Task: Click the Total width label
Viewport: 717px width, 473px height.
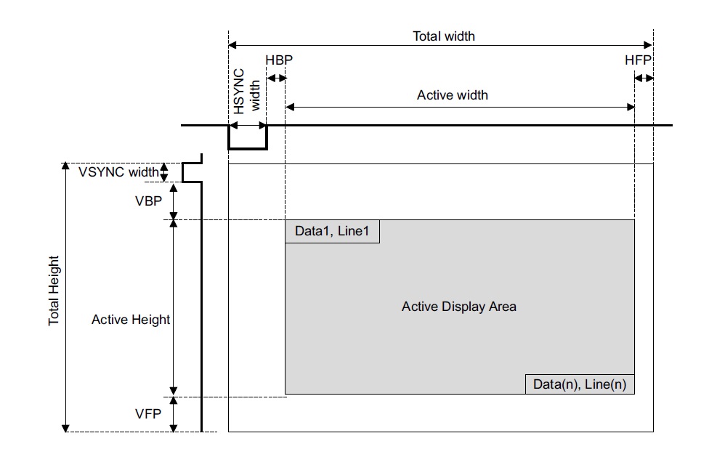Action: click(444, 36)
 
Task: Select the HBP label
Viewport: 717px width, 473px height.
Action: click(279, 60)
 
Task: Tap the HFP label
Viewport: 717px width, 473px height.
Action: click(639, 60)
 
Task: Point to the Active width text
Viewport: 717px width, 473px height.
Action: click(452, 95)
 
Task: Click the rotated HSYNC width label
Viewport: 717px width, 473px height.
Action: click(247, 92)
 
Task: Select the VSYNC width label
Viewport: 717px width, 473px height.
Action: click(118, 172)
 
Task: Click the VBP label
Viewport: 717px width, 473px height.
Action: click(147, 201)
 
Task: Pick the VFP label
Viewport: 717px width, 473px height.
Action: click(147, 414)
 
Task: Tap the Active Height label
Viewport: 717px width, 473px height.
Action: click(131, 320)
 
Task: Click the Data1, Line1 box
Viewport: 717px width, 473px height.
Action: click(332, 231)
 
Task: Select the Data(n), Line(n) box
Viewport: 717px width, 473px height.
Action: click(580, 384)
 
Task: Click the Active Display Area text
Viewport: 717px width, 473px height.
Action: click(459, 307)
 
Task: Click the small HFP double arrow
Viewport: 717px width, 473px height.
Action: click(644, 78)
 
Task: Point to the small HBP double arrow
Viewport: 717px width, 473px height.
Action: click(276, 78)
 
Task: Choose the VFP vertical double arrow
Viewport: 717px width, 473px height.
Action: click(174, 414)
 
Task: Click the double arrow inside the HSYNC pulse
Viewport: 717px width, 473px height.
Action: click(248, 126)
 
